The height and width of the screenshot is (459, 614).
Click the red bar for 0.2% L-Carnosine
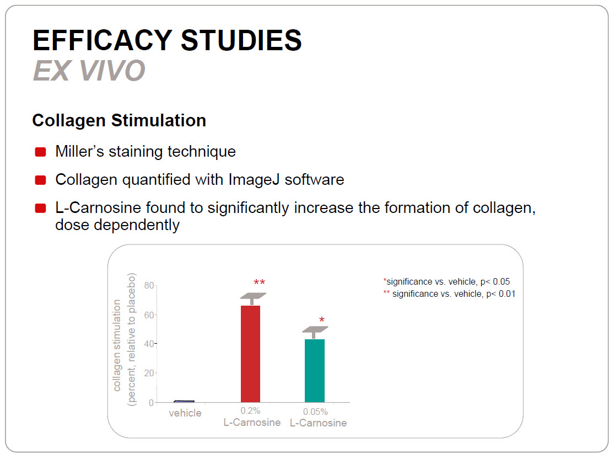click(x=250, y=354)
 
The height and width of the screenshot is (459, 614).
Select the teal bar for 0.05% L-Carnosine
click(x=314, y=370)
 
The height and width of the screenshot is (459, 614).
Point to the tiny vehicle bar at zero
click(x=184, y=402)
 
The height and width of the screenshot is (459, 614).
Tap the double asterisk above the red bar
click(x=259, y=282)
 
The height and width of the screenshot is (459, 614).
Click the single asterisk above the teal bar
click(x=321, y=320)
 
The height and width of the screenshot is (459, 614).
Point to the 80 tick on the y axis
click(x=149, y=285)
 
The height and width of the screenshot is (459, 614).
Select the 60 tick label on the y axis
click(x=149, y=315)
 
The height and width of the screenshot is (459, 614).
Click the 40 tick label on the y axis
click(x=149, y=344)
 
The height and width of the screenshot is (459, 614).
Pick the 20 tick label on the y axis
click(x=149, y=373)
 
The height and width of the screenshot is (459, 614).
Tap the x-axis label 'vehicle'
click(x=185, y=413)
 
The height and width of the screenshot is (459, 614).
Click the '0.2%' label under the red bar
click(x=250, y=411)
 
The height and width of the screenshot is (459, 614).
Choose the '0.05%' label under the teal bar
click(x=315, y=412)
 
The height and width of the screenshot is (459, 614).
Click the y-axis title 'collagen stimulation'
click(x=117, y=345)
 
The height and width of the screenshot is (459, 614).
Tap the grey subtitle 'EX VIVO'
click(x=89, y=71)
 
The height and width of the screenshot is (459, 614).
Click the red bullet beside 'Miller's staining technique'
click(x=40, y=152)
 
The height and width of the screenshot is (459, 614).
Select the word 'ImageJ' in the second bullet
click(x=254, y=180)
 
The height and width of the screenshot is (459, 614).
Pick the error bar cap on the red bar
click(x=253, y=296)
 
